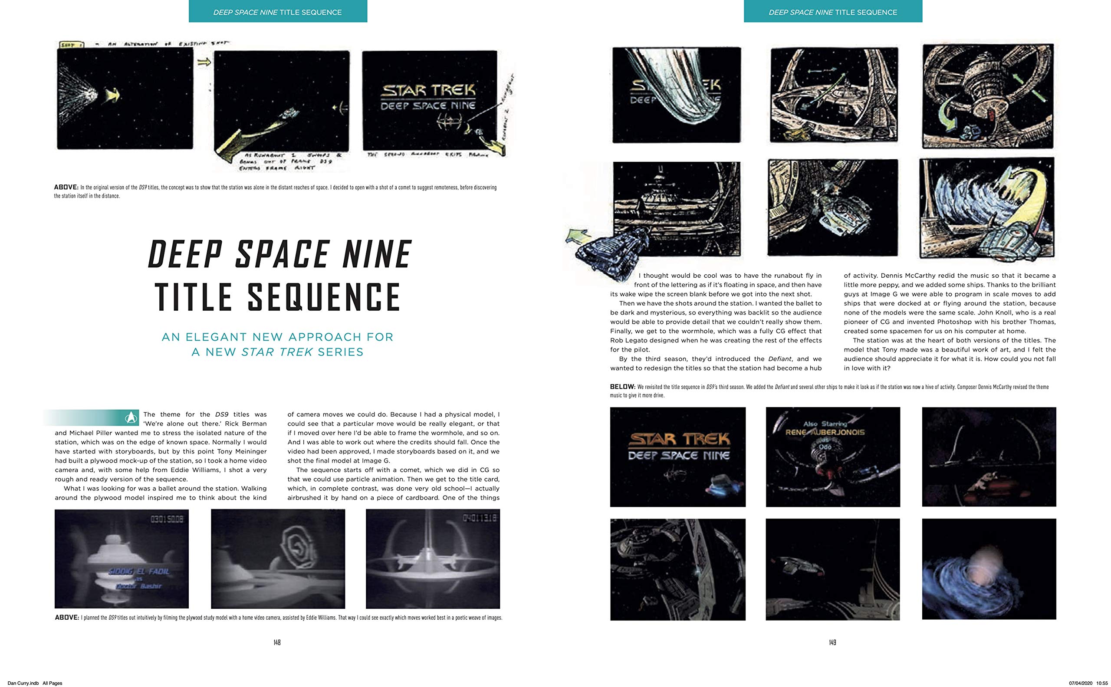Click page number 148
click(277, 642)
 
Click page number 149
click(832, 642)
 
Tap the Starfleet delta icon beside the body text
click(131, 417)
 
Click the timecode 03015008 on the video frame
click(167, 519)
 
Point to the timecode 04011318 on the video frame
click(479, 519)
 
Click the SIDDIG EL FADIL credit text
click(138, 571)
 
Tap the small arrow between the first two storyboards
click(204, 62)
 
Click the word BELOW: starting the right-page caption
click(622, 387)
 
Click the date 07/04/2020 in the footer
click(1081, 683)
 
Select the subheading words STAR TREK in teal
click(277, 352)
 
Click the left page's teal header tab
click(278, 11)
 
